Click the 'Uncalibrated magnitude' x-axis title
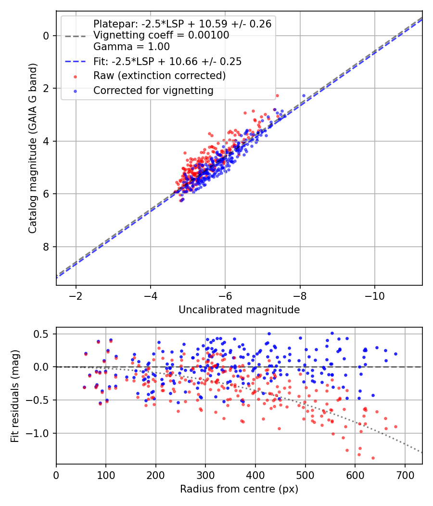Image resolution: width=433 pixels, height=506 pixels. [x=239, y=310]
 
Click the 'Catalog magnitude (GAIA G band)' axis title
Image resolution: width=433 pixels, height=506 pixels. [x=32, y=147]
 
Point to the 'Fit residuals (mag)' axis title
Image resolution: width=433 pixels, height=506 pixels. [x=15, y=396]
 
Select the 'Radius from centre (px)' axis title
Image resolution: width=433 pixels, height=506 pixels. [x=239, y=489]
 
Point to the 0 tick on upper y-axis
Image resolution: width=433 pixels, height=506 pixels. [x=46, y=36]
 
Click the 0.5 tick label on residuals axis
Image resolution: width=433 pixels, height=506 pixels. [x=43, y=334]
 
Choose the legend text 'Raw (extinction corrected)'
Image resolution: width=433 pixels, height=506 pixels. [x=159, y=76]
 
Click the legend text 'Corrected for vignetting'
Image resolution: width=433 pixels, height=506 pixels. [x=153, y=90]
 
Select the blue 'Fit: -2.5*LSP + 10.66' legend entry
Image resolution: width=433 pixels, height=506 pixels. [x=167, y=62]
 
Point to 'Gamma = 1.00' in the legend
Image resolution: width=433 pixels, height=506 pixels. [x=131, y=47]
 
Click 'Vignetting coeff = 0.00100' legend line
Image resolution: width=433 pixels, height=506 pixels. [x=161, y=35]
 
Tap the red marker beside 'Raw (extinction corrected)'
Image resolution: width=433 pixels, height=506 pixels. [x=75, y=76]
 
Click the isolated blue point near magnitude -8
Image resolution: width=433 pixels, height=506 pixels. [x=304, y=95]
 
